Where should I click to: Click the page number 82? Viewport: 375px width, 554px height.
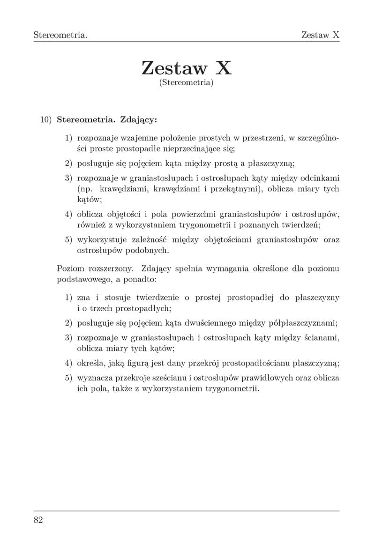(x=38, y=520)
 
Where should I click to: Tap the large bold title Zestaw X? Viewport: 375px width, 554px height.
(x=187, y=68)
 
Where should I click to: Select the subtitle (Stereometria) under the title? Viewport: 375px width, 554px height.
(x=187, y=83)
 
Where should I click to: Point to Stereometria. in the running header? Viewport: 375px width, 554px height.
(x=61, y=35)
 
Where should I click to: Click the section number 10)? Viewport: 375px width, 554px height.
(x=46, y=119)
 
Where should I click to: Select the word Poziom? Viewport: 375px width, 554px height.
(x=71, y=269)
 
